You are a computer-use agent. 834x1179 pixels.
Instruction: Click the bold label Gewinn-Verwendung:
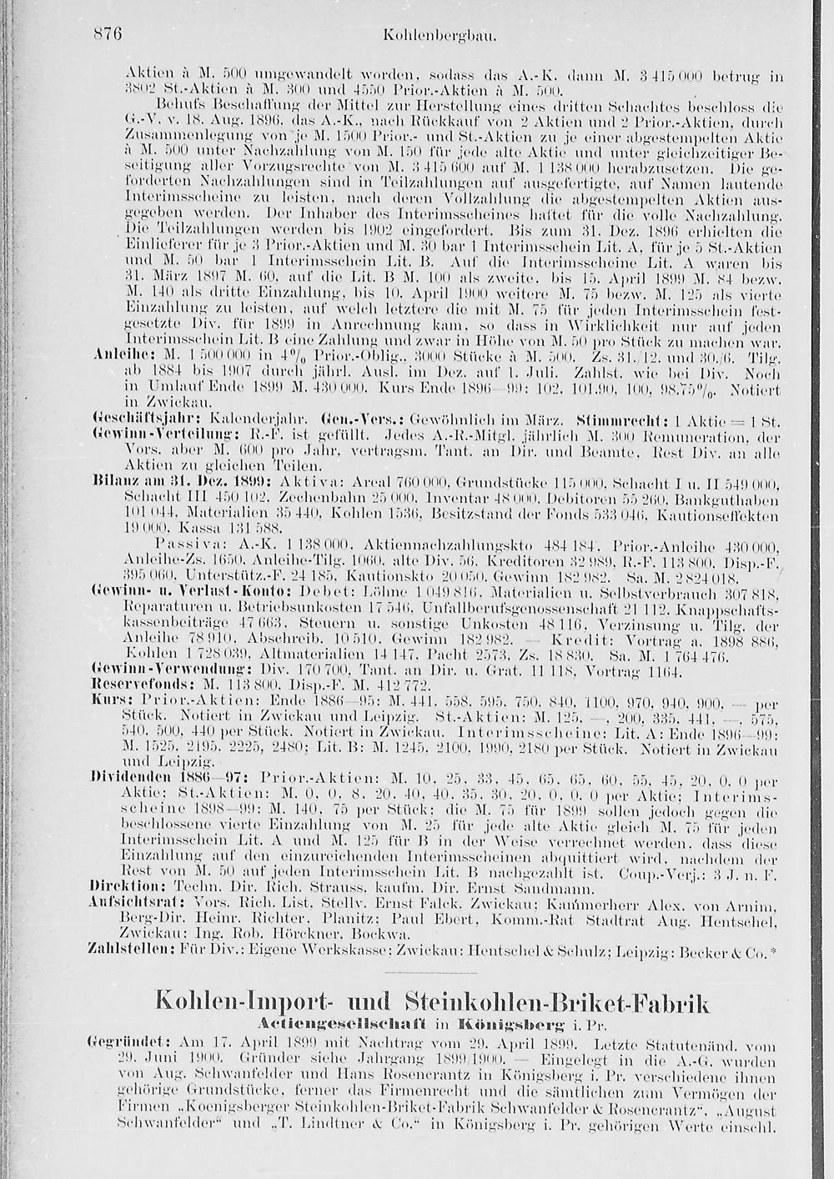pyautogui.click(x=138, y=669)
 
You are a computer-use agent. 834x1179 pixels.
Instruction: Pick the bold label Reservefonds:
pyautogui.click(x=129, y=683)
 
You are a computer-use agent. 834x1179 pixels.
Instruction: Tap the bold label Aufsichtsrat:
pyautogui.click(x=128, y=901)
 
